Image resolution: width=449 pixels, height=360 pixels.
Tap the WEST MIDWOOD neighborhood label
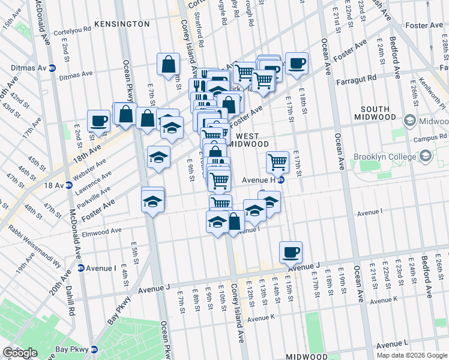pos(248,140)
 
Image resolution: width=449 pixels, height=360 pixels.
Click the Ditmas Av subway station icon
pos(52,68)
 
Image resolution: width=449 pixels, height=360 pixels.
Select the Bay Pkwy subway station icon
pos(94,349)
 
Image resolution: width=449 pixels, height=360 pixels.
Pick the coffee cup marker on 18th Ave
pos(98,120)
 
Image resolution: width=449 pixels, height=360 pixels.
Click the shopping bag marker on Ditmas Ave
pos(169,64)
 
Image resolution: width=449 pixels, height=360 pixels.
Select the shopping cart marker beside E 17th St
pos(277,161)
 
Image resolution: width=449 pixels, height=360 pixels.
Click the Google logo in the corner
pos(20,353)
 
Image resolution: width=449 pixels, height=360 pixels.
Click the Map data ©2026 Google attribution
pos(411,355)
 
